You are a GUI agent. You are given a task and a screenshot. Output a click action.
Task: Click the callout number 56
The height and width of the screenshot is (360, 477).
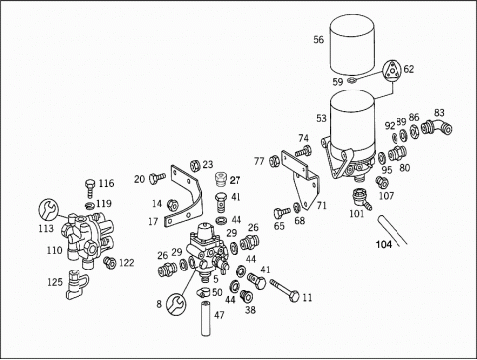click(x=318, y=40)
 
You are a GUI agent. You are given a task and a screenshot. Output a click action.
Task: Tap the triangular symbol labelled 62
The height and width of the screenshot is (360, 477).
click(x=392, y=71)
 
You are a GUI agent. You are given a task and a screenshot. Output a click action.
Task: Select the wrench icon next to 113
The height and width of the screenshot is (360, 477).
click(x=49, y=209)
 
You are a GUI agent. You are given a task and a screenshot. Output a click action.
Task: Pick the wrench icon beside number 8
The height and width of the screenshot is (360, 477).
click(x=176, y=304)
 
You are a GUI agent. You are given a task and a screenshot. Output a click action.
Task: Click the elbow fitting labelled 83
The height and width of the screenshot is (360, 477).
click(x=437, y=127)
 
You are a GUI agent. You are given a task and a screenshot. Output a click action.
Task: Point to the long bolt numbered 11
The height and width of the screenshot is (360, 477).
click(x=284, y=290)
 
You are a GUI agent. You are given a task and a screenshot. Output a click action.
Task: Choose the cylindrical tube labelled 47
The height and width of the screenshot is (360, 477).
click(x=206, y=318)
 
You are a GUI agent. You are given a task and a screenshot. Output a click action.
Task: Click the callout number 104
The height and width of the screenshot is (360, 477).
click(x=384, y=244)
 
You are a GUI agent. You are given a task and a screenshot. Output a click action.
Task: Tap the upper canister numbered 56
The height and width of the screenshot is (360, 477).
click(x=352, y=45)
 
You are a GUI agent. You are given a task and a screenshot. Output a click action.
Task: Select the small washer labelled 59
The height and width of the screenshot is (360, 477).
click(x=351, y=80)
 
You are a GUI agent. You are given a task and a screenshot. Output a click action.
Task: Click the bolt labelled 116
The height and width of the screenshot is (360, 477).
click(x=90, y=188)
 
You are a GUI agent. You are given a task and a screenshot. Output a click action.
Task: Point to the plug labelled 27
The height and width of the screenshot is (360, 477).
click(x=221, y=179)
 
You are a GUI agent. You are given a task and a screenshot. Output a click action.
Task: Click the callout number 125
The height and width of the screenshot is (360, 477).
click(x=55, y=282)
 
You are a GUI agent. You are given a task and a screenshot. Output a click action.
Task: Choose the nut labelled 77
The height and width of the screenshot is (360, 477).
click(x=274, y=161)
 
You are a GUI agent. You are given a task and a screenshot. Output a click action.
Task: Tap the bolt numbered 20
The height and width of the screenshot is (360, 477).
click(x=157, y=178)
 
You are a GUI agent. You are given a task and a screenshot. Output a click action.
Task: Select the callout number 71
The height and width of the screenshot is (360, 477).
click(x=321, y=206)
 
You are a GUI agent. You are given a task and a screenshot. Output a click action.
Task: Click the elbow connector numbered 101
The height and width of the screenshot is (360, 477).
click(x=361, y=198)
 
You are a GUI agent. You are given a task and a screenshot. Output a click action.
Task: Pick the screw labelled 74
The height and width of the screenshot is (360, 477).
click(x=303, y=151)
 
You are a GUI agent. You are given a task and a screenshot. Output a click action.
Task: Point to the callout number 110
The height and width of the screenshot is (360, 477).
click(x=54, y=250)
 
